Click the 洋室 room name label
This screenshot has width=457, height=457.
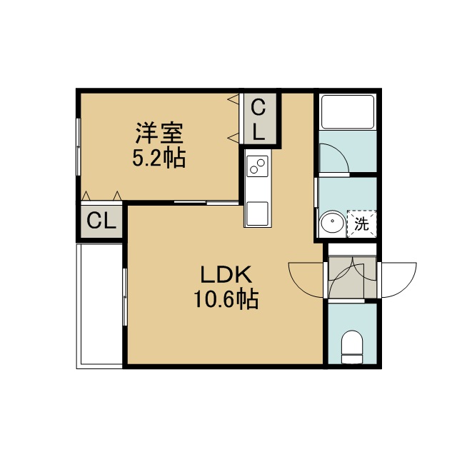point(159,134)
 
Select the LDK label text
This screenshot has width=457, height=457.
point(226,274)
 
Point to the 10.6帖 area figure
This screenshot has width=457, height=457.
point(226,299)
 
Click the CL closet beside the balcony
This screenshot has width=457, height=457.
point(101,221)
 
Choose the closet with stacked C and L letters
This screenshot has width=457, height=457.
point(258,119)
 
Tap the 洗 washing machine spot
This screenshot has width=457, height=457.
point(362,224)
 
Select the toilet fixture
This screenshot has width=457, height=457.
point(352,347)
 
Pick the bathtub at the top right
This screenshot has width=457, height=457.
point(348,111)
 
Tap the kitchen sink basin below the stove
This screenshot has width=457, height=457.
point(257,214)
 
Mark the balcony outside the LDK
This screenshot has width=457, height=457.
point(99,306)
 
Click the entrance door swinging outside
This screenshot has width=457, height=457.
point(398,280)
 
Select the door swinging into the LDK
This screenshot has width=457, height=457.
point(306,280)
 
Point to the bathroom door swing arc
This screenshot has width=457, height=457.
point(334,159)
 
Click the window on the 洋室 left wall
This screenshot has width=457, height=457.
point(78,146)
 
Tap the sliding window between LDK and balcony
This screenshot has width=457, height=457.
point(125,297)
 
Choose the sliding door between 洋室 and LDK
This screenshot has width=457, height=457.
point(206,201)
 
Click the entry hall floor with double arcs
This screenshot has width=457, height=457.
point(352,277)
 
